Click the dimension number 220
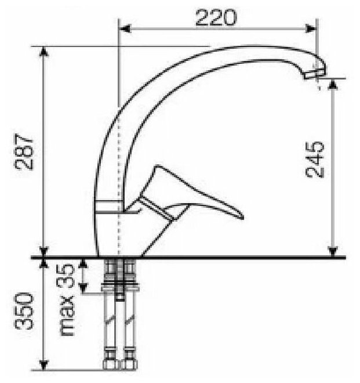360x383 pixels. [x=216, y=17]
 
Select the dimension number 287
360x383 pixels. [x=24, y=151]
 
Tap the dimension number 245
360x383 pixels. [x=315, y=160]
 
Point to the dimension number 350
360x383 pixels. [x=24, y=310]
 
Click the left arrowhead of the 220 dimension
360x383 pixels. [x=125, y=29]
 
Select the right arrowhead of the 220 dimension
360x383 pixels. [x=311, y=29]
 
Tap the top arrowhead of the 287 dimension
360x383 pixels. [x=43, y=52]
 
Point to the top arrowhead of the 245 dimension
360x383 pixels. [x=333, y=84]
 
